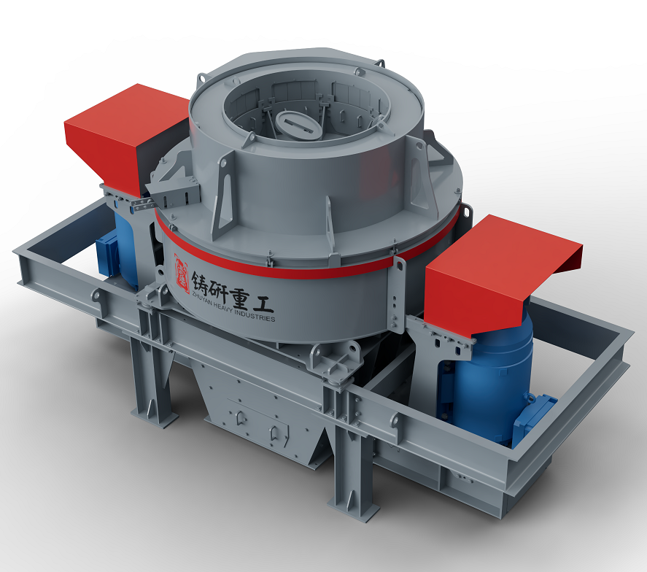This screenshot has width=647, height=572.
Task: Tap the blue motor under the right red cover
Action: [489, 379]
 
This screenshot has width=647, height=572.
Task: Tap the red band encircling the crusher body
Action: [306, 270]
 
